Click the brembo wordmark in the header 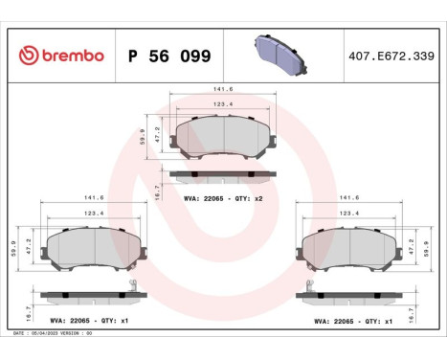pyautogui.click(x=68, y=56)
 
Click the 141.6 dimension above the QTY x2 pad pyautogui.click(x=222, y=91)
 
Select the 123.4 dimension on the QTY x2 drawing pyautogui.click(x=222, y=104)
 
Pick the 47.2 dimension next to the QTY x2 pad pyautogui.click(x=159, y=137)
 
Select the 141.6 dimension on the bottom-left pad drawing pyautogui.click(x=93, y=198)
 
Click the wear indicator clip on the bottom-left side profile pyautogui.click(x=135, y=283)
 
